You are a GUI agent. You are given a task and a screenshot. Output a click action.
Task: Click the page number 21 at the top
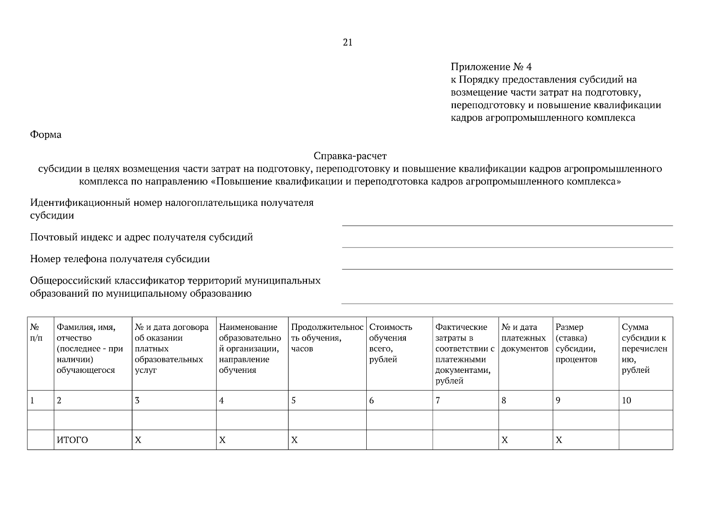348,43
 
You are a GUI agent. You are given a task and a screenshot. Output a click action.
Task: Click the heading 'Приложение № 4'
491,67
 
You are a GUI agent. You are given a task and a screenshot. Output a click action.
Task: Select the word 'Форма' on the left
46,135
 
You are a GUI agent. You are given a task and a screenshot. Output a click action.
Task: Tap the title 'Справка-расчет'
350,156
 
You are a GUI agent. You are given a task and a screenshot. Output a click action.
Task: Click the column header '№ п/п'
37,332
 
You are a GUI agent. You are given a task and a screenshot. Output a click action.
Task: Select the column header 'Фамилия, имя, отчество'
90,348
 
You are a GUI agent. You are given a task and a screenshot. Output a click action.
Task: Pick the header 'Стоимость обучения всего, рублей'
390,343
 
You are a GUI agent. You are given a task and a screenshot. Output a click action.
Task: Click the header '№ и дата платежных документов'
525,338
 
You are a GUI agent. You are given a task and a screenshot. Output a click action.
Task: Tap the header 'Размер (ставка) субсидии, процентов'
576,343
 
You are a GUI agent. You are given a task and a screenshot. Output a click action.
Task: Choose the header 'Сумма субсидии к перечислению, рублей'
644,348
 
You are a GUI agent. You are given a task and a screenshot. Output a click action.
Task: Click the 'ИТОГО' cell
72,440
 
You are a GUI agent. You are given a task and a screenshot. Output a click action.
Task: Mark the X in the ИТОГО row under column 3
138,440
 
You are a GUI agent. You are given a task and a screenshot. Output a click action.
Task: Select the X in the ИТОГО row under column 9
559,440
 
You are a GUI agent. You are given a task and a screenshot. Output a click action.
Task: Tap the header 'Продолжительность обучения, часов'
327,338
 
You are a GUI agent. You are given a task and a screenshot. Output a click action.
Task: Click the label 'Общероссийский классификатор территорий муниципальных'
175,281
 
